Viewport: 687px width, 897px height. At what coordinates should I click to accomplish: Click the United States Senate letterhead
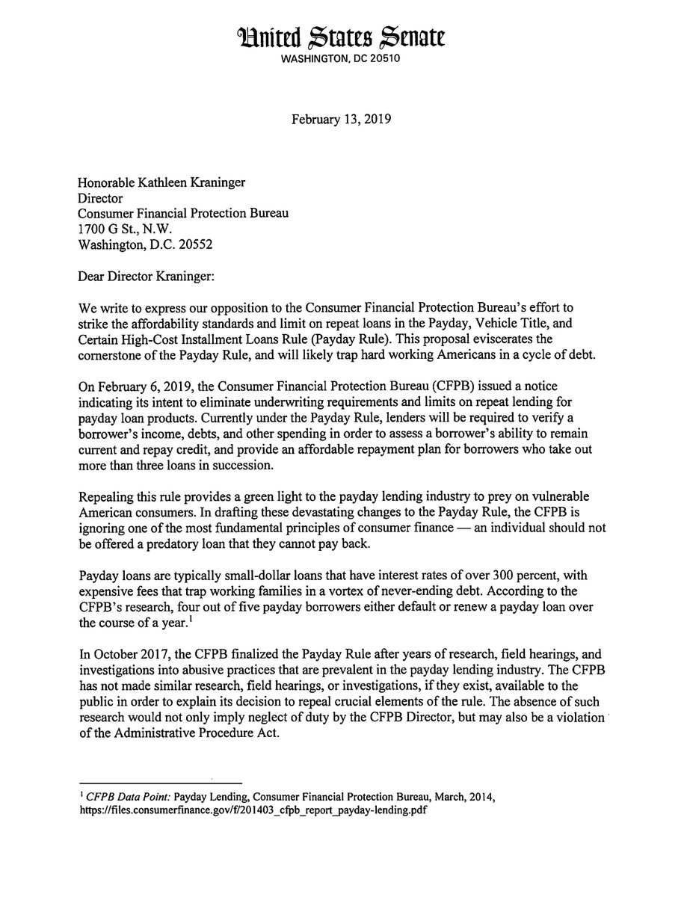point(343,34)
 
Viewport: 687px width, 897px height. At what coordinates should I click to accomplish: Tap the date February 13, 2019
point(343,119)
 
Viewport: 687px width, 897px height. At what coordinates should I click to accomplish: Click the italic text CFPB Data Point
point(131,796)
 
